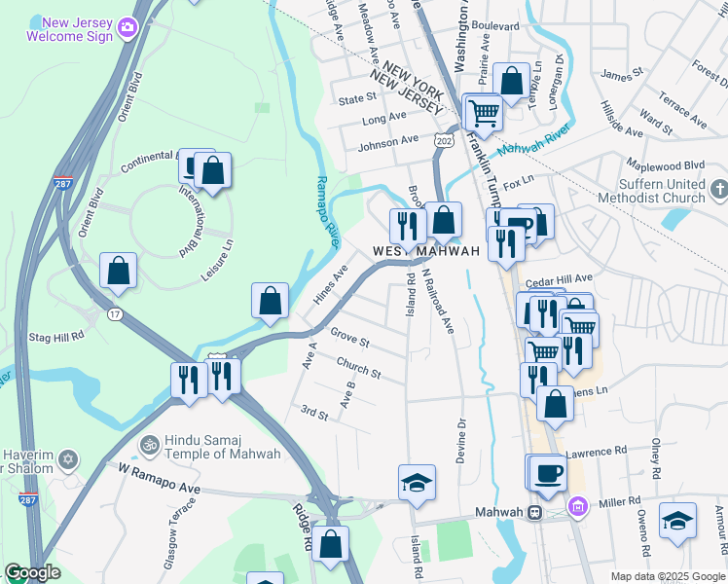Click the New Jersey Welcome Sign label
pyautogui.click(x=66, y=28)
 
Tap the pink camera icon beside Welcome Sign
pyautogui.click(x=127, y=27)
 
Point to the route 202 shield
pyautogui.click(x=444, y=142)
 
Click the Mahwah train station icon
pyautogui.click(x=534, y=513)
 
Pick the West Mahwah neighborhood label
pyautogui.click(x=427, y=251)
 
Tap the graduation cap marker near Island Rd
pyautogui.click(x=417, y=483)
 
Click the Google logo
pyautogui.click(x=33, y=572)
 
